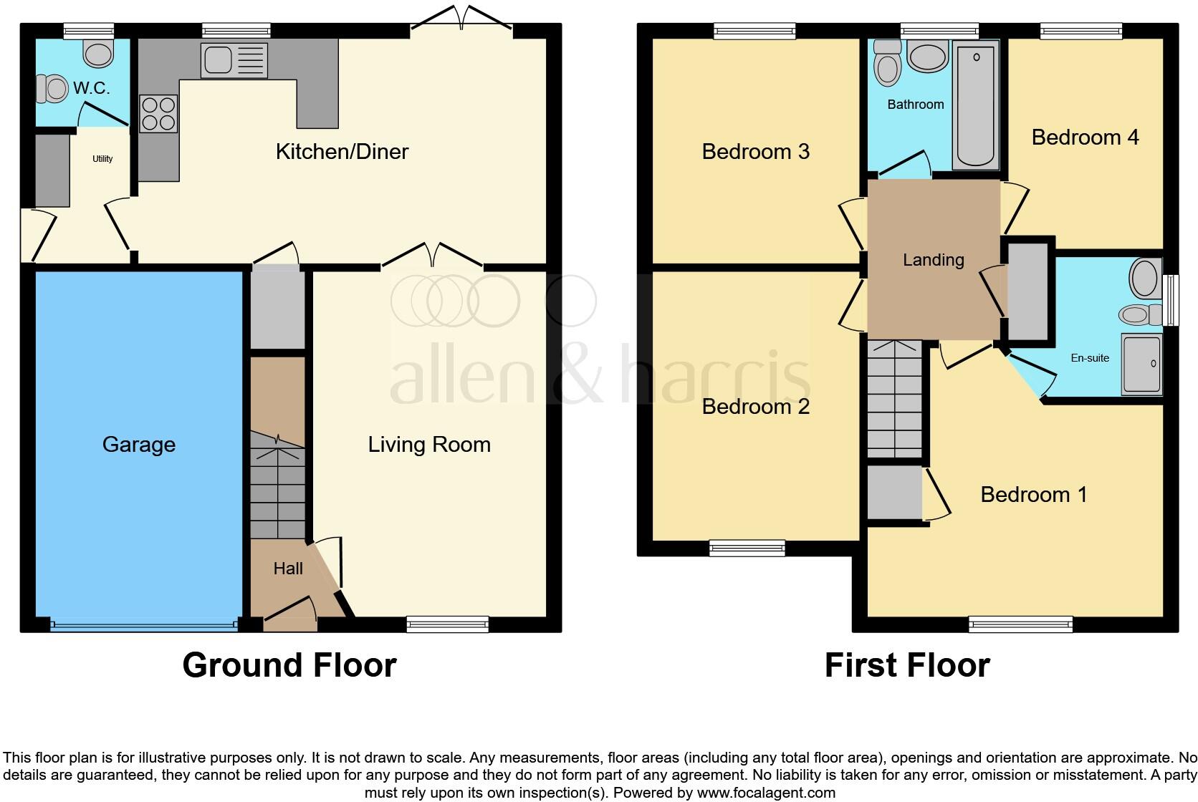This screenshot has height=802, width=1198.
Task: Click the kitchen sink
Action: tap(234, 60)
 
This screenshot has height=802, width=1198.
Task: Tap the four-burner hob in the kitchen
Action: tap(158, 114)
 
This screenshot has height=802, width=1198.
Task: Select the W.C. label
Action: tap(91, 89)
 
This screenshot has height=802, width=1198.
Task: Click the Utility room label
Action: tap(102, 159)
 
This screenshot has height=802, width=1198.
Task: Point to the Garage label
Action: tap(139, 445)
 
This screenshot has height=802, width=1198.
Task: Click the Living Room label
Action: tap(429, 445)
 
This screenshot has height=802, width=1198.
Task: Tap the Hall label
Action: tap(288, 569)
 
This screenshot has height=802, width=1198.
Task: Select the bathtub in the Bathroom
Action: tap(976, 105)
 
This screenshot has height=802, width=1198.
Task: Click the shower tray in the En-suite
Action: tap(1141, 364)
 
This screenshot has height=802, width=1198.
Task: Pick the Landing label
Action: tap(933, 260)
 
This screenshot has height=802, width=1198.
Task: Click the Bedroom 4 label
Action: tap(1085, 137)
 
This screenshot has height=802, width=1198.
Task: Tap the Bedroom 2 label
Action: tap(755, 407)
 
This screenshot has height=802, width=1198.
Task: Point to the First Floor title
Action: tap(907, 665)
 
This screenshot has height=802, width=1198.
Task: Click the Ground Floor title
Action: tap(289, 665)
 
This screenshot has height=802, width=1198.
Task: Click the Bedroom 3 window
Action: tap(754, 31)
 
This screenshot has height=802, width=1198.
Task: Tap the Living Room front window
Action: tap(447, 624)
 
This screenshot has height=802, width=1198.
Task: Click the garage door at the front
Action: tap(143, 625)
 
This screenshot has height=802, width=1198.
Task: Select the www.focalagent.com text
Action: tap(766, 793)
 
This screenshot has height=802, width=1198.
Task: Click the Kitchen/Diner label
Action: tap(342, 152)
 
